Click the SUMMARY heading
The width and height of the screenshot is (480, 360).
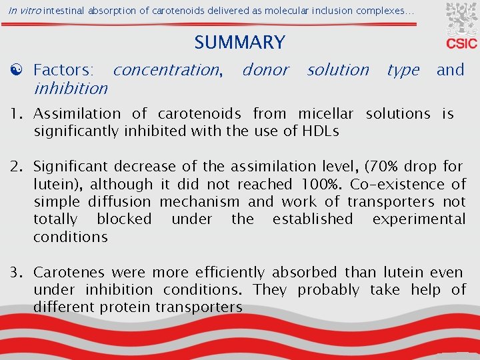(x=239, y=43)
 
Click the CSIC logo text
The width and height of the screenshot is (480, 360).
(x=461, y=43)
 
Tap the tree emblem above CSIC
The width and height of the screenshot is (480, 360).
(x=461, y=19)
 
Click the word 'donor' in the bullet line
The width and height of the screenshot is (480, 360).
(x=265, y=69)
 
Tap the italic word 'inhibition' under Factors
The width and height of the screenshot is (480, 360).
(x=70, y=88)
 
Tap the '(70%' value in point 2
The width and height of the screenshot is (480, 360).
(x=381, y=167)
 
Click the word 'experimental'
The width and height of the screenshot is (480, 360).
(x=419, y=219)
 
